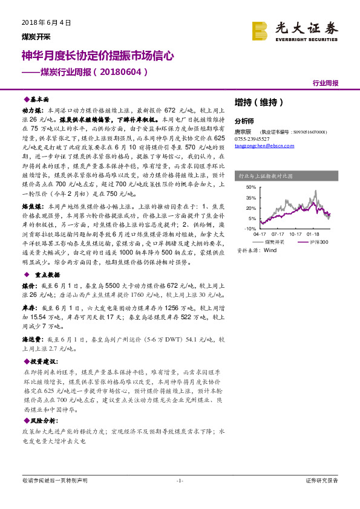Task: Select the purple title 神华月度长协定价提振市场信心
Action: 97,56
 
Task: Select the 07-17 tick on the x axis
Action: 278,233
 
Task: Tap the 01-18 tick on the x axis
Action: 313,233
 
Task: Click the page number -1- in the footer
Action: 179,481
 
